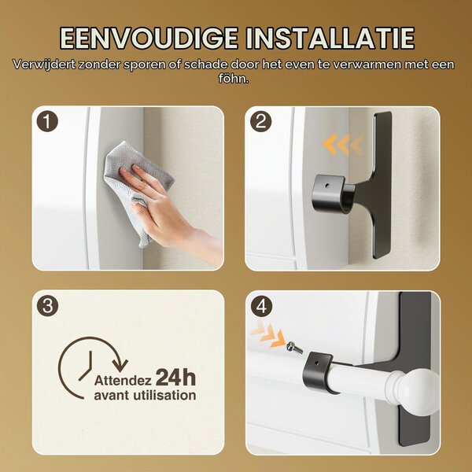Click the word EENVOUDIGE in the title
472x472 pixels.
tap(149, 39)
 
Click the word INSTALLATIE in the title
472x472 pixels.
tap(330, 39)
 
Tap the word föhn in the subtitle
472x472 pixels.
tap(233, 79)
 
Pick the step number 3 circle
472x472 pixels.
tap(47, 305)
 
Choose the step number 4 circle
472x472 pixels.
tap(261, 307)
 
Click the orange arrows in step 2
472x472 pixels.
tap(343, 145)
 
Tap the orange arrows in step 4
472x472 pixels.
tap(268, 335)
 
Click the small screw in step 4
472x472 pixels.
tap(294, 348)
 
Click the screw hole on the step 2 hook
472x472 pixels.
tap(327, 186)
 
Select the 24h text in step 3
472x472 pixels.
tap(175, 378)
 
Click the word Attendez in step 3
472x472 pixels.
tap(123, 381)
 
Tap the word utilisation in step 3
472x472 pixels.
tap(164, 395)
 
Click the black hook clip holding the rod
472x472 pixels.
tap(319, 373)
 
